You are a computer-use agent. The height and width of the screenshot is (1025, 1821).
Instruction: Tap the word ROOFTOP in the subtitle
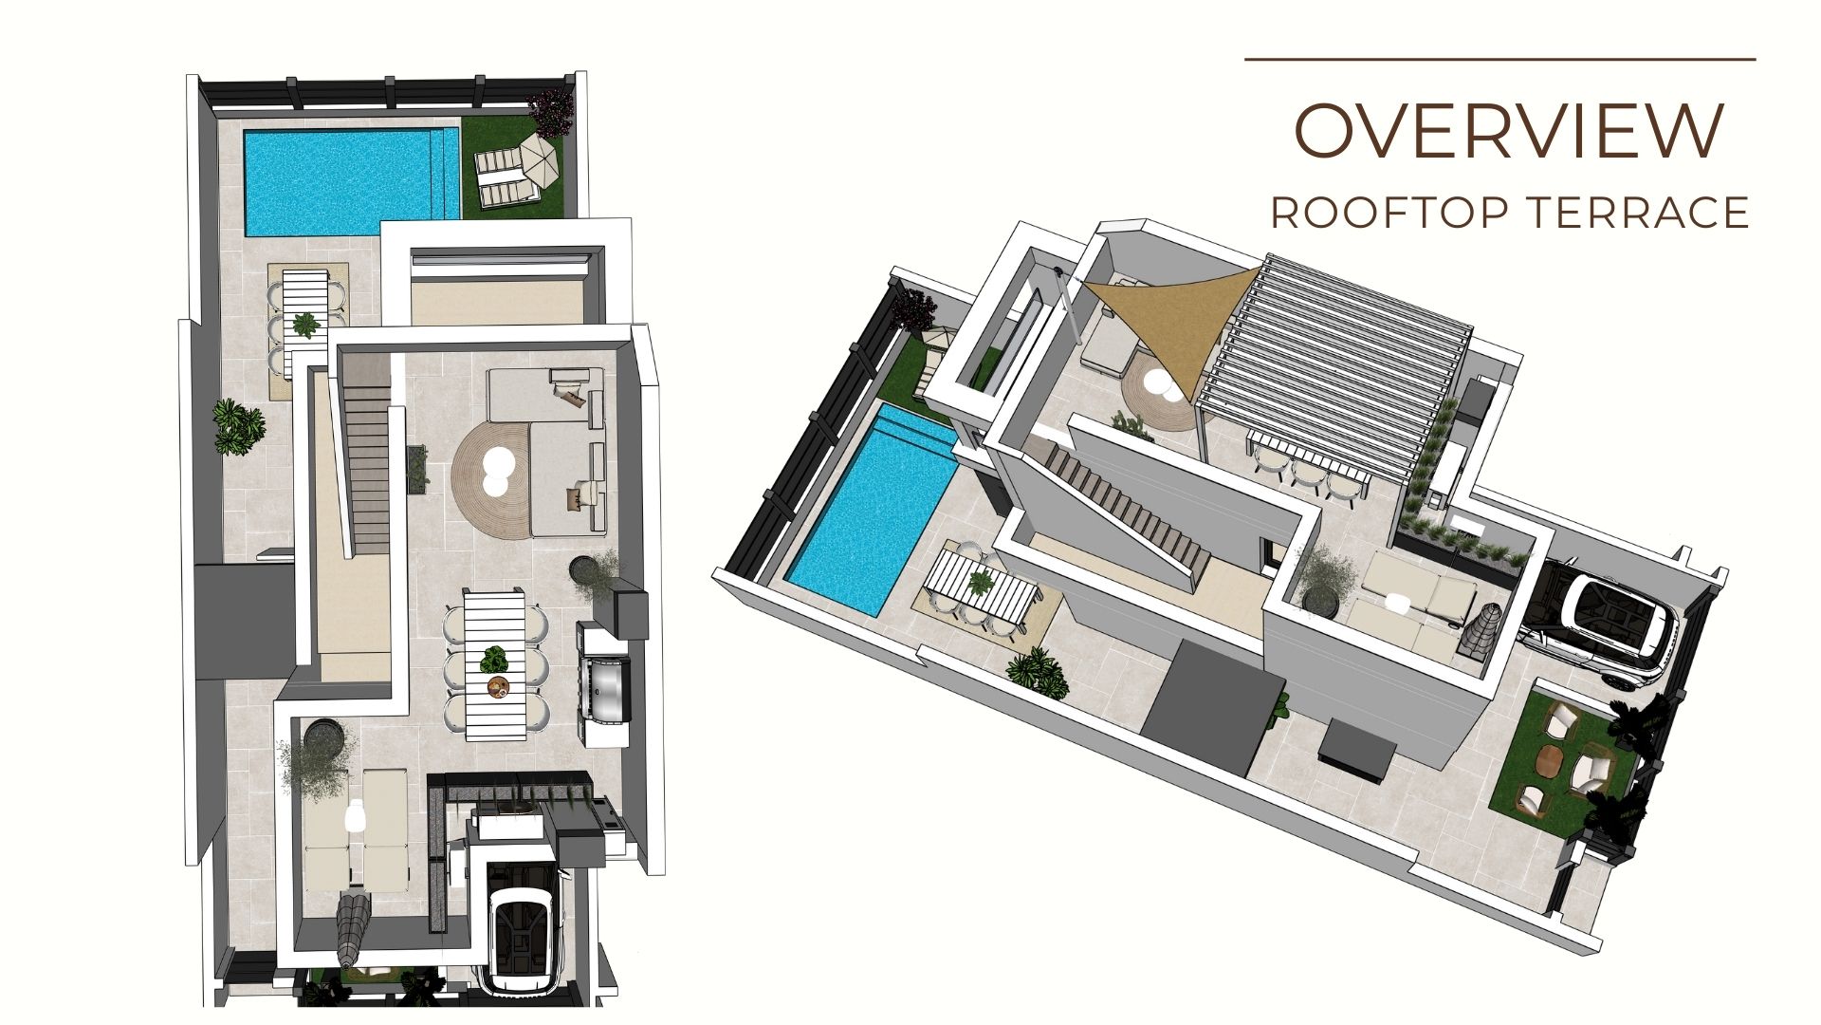tap(1389, 213)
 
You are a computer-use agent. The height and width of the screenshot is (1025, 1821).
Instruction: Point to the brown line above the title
tap(1500, 59)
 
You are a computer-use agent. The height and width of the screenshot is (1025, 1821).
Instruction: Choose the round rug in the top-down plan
tap(491, 472)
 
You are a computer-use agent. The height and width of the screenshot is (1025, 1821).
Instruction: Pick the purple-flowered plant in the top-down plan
tap(551, 111)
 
